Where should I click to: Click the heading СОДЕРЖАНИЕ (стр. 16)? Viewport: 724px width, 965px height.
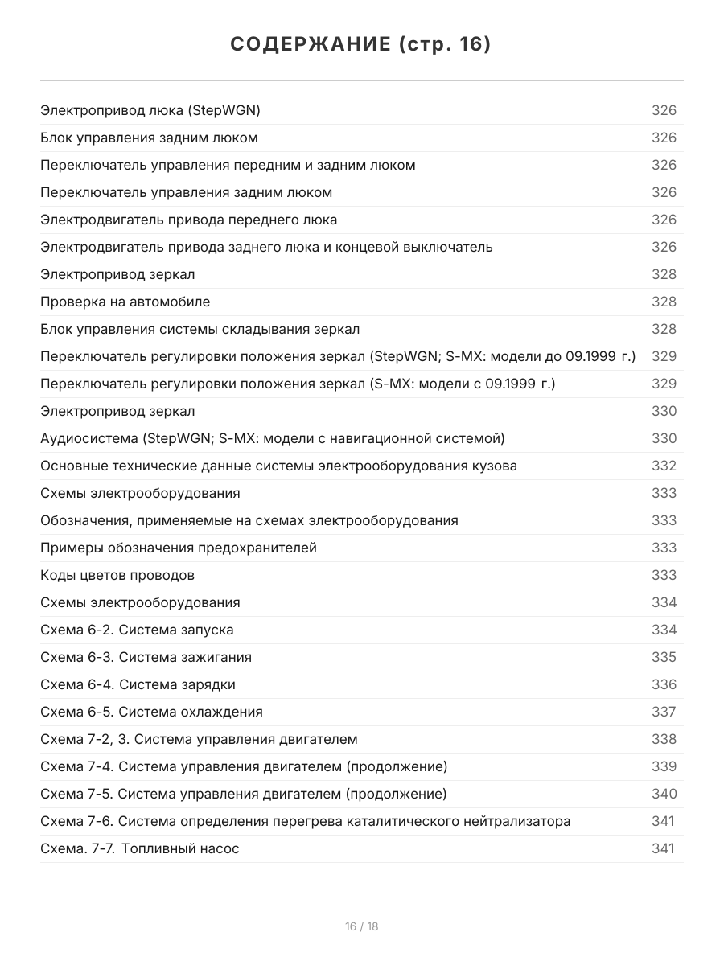coord(361,45)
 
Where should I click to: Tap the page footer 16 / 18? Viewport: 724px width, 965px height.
coord(361,926)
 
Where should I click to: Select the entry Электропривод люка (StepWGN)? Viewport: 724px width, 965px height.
coord(150,110)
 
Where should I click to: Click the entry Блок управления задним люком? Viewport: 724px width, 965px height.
coord(149,138)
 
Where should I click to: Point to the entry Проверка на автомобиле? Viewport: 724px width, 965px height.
coord(125,302)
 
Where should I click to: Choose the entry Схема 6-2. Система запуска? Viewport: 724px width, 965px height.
coord(137,630)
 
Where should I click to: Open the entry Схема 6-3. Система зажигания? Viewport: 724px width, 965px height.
coord(146,657)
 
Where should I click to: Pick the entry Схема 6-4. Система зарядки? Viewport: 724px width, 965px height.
coord(138,684)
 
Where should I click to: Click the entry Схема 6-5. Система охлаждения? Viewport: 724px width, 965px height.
coord(151,712)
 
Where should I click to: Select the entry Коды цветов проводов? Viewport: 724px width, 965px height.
coord(117,575)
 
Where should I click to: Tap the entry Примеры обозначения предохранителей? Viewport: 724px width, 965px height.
coord(179,548)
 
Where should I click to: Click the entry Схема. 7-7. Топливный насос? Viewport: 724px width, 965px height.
coord(140,848)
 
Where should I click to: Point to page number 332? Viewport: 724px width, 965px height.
coord(664,466)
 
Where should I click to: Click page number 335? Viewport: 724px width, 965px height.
coord(664,657)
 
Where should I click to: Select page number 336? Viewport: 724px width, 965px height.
coord(664,684)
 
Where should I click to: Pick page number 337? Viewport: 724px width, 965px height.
coord(664,712)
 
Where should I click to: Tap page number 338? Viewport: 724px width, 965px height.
coord(664,739)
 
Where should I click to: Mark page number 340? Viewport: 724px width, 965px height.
coord(664,794)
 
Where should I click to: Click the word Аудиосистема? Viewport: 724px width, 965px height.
coord(88,438)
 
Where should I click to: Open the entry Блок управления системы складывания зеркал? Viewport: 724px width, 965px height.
coord(200,329)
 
